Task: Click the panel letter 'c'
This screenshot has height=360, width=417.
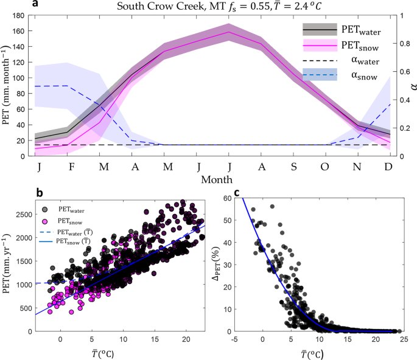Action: point(236,193)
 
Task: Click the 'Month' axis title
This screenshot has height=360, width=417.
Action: point(213,181)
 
